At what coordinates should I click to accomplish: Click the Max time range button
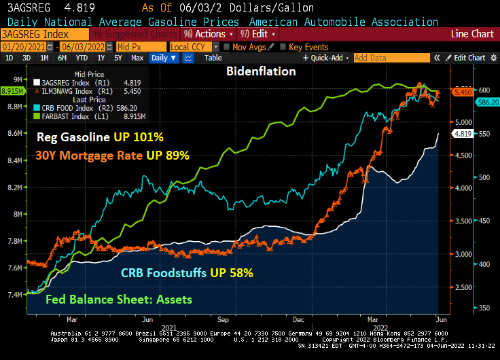click(137, 58)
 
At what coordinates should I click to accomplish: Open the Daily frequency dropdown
click(164, 58)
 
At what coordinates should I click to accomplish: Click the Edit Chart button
click(469, 58)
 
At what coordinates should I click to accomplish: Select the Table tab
click(213, 58)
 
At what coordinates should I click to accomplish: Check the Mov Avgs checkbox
click(226, 47)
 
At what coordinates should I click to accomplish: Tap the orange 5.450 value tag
click(463, 92)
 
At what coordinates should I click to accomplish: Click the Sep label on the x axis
click(222, 318)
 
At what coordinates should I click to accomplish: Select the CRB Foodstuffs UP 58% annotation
click(187, 273)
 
